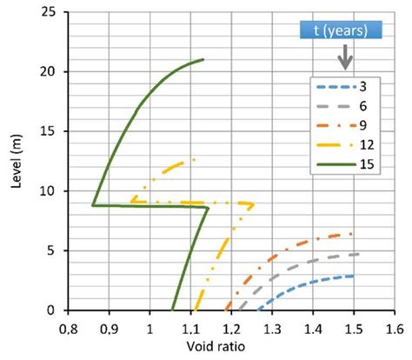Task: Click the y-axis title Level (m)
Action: (x=12, y=160)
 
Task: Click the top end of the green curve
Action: (x=203, y=60)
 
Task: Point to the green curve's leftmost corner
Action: (x=93, y=205)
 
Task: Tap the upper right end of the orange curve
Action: (x=352, y=233)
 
